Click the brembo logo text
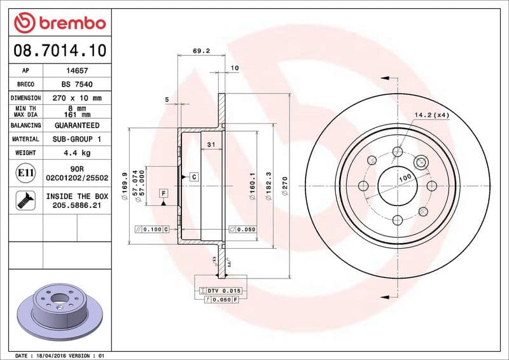coord(69,24)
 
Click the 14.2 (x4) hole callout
coord(432,115)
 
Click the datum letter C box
coord(193,176)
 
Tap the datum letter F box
coord(164,193)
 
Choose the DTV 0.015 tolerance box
coord(222,291)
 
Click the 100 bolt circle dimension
coord(405,179)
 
